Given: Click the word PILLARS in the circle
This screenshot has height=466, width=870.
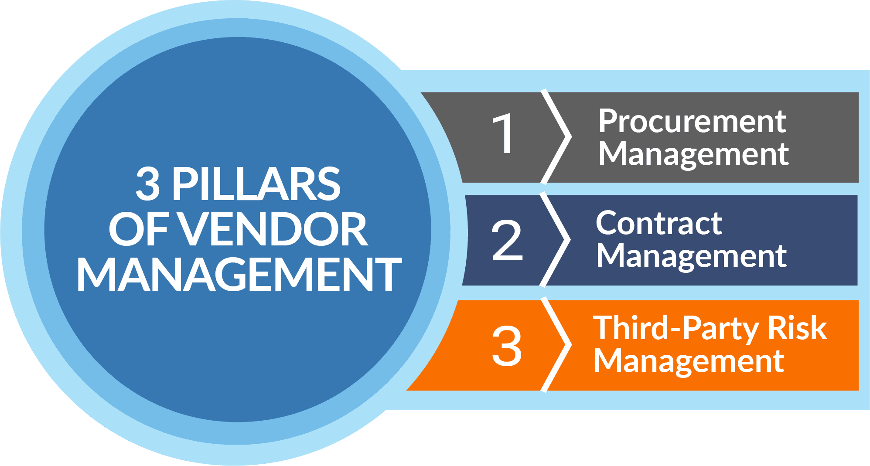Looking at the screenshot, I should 256,184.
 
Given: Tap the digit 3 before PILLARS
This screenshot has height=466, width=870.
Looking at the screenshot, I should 147,184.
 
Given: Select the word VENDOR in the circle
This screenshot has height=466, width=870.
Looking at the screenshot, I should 274,230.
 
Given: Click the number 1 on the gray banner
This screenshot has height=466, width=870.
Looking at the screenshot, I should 504,133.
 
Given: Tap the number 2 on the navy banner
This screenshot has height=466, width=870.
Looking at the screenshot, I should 507,240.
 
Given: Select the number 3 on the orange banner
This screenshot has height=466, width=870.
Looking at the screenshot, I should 507,346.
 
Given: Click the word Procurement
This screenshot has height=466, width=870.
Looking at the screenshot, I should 692,122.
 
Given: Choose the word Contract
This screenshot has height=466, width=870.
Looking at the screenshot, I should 659,224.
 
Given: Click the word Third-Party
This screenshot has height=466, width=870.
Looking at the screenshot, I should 674,328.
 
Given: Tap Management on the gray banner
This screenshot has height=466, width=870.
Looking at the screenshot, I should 693,155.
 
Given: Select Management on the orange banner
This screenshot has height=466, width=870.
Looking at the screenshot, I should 689,362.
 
